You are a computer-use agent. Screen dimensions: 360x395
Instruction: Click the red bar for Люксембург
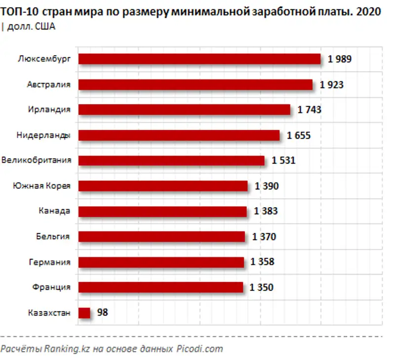[x=199, y=59]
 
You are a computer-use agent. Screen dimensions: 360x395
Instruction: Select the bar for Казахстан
[x=84, y=313]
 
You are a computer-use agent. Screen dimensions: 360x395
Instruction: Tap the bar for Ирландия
[x=184, y=109]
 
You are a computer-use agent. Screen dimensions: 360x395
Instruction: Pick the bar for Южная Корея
[x=163, y=186]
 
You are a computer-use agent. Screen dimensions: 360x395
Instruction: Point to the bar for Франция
[x=160, y=287]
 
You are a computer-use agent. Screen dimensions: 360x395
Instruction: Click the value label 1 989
[x=340, y=59]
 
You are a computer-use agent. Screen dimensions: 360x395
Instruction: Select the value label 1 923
[x=331, y=85]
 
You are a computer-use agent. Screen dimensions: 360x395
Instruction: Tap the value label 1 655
[x=299, y=135]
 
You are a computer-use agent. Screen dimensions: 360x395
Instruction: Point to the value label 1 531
[x=283, y=160]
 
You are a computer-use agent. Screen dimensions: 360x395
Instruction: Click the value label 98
[x=102, y=313]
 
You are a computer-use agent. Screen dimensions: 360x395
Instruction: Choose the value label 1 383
[x=266, y=211]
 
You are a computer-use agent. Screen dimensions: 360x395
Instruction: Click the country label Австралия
[x=49, y=84]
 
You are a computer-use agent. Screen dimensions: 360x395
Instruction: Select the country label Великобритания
[x=37, y=160]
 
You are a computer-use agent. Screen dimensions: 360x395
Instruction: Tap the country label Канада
[x=54, y=211]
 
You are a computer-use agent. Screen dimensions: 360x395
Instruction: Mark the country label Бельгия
[x=52, y=236]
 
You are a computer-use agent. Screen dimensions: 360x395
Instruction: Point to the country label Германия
[x=50, y=262]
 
